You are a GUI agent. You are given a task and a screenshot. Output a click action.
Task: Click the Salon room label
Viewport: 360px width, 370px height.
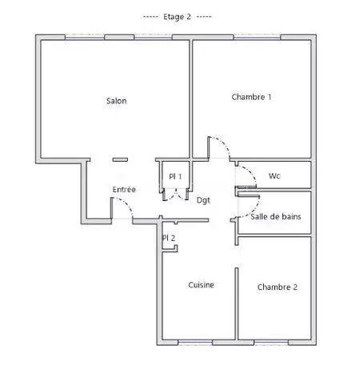(117, 101)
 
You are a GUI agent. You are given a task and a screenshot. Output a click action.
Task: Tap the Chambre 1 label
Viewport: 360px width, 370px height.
(251, 97)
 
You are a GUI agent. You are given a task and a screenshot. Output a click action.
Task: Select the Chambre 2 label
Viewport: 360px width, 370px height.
(278, 287)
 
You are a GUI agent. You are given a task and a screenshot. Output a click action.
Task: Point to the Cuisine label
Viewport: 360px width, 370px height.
(201, 285)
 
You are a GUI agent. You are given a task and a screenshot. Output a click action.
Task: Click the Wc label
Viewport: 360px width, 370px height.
(274, 176)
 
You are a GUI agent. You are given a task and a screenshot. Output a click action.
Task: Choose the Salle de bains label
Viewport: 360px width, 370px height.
(276, 216)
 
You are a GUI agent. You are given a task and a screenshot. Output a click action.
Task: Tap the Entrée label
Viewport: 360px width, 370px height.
(124, 189)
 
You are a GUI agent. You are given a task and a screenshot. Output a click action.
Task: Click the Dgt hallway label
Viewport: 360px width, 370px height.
(203, 200)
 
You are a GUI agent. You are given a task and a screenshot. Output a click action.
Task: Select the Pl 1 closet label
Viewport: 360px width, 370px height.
(175, 176)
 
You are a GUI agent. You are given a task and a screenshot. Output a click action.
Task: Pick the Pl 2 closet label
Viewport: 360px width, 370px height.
(169, 238)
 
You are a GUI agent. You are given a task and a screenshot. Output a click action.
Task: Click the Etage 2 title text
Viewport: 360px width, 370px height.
(177, 17)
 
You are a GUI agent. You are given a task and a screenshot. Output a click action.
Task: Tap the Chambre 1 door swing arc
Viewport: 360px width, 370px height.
(223, 144)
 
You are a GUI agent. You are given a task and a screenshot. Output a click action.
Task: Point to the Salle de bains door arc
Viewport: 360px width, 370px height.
(254, 209)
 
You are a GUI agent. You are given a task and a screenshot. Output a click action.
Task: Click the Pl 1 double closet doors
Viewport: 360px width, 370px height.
(175, 195)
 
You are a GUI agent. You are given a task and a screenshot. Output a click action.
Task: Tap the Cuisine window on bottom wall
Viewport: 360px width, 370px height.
(195, 342)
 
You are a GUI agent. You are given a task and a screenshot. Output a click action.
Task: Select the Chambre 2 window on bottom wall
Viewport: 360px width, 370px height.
(271, 342)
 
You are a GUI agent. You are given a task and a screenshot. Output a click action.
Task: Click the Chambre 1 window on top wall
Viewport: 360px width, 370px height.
(257, 38)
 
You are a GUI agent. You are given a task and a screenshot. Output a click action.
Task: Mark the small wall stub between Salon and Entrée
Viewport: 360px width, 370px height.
(120, 159)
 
